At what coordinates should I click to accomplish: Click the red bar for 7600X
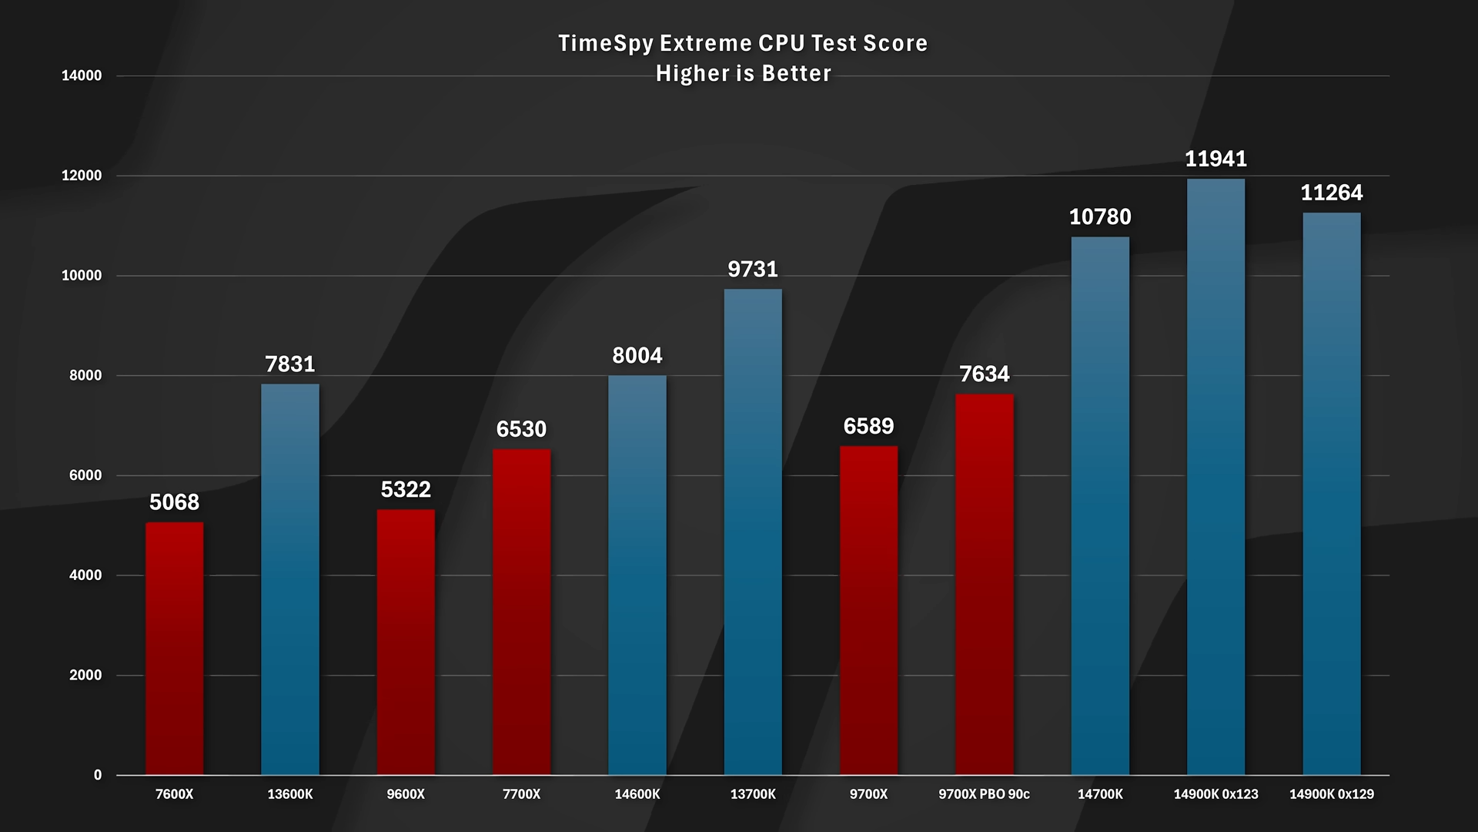(x=175, y=649)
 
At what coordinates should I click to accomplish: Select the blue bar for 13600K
(x=290, y=579)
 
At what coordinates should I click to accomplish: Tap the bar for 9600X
(x=406, y=642)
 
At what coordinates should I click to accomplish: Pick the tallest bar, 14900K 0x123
(x=1216, y=477)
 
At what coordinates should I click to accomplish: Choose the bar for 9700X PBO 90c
(x=984, y=585)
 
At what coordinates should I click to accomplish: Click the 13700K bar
(x=753, y=532)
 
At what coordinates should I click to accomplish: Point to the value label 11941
(x=1216, y=159)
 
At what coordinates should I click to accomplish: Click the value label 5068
(x=175, y=502)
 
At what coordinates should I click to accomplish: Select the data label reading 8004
(x=637, y=356)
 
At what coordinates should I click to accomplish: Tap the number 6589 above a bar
(x=868, y=426)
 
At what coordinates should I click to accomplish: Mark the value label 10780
(x=1100, y=217)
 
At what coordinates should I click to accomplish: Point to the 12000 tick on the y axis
(x=82, y=176)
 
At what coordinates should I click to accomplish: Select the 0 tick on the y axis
(x=98, y=775)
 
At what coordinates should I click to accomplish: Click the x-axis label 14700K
(x=1100, y=794)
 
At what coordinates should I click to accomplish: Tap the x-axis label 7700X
(x=521, y=794)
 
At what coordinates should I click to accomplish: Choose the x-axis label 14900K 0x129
(x=1331, y=794)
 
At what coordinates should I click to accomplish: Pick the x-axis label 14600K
(x=637, y=794)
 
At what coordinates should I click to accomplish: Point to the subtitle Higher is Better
(x=744, y=74)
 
